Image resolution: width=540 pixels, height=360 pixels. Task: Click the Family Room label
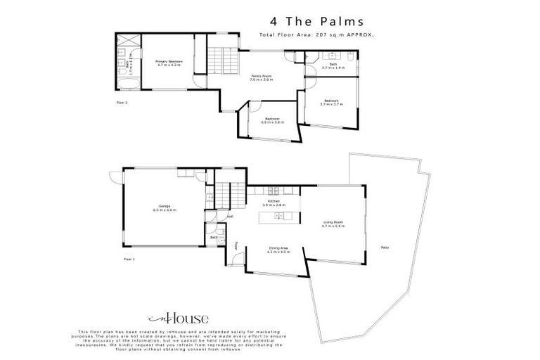(261, 78)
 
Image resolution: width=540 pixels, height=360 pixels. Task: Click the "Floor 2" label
(122, 102)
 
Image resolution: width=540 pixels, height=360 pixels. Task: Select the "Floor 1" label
(129, 259)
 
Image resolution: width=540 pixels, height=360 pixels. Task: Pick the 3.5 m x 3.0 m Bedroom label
(271, 120)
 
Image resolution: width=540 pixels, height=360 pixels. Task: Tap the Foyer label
(236, 247)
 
